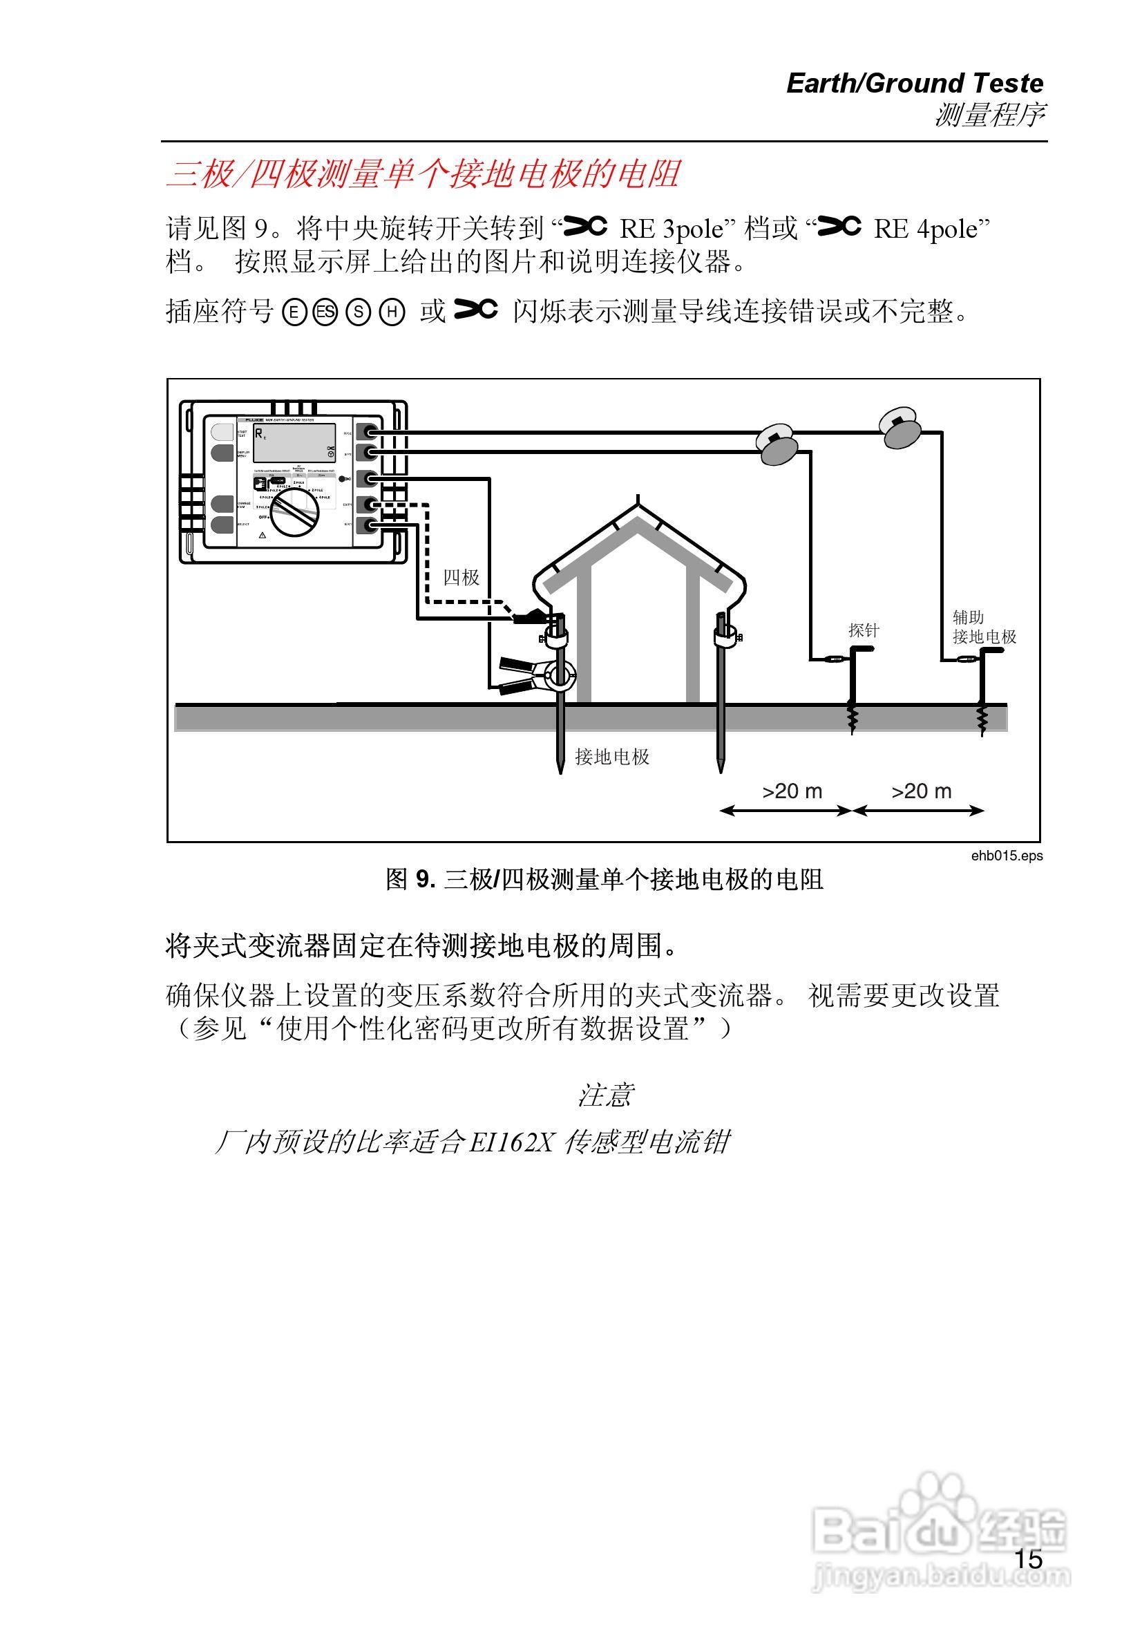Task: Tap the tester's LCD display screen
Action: pyautogui.click(x=294, y=443)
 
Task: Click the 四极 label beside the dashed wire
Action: pyautogui.click(x=461, y=577)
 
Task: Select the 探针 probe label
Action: pyautogui.click(x=863, y=630)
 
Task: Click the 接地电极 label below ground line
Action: pyautogui.click(x=612, y=757)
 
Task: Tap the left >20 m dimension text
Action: pyautogui.click(x=792, y=791)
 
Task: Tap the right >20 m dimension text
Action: pyautogui.click(x=922, y=791)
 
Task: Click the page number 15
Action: pyautogui.click(x=1029, y=1559)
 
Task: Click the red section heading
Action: pyautogui.click(x=423, y=173)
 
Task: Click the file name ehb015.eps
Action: pyautogui.click(x=1007, y=855)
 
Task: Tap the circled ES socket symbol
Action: pyautogui.click(x=325, y=312)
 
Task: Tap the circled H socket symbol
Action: pyautogui.click(x=392, y=312)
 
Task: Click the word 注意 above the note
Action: pyautogui.click(x=605, y=1095)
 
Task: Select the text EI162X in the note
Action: pyautogui.click(x=511, y=1143)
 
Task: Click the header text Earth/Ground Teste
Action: pyautogui.click(x=914, y=84)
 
